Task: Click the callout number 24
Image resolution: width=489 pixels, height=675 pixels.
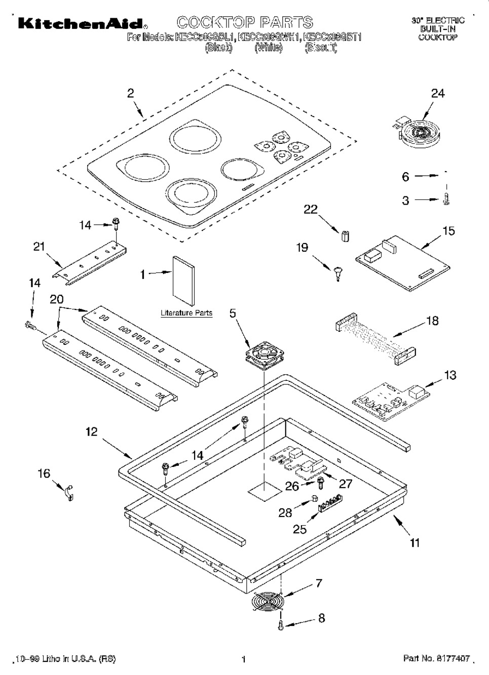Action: (437, 93)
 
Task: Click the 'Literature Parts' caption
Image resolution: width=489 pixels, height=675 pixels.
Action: (186, 313)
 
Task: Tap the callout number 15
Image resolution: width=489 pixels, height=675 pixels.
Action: (448, 231)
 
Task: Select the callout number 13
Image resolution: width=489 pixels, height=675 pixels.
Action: (449, 375)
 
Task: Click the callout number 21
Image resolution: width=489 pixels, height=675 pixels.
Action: (39, 247)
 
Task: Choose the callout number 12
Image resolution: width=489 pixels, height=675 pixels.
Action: (91, 432)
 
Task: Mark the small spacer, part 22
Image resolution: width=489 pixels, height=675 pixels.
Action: (345, 236)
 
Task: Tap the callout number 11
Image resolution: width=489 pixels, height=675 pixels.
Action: (415, 543)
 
